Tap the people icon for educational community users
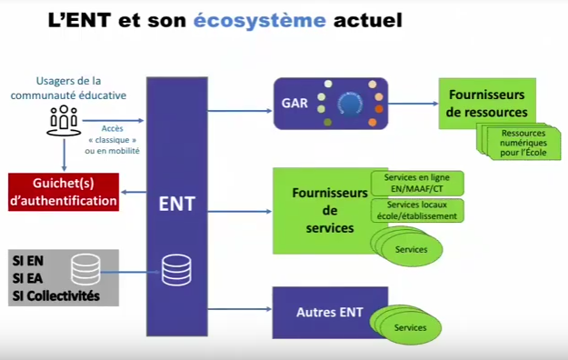[64, 119]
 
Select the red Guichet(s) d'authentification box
[64, 192]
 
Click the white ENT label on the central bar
[176, 203]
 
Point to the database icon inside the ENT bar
[176, 269]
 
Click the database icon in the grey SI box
[85, 268]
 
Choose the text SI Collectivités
[55, 296]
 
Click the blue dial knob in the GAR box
[346, 105]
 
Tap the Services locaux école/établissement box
[417, 211]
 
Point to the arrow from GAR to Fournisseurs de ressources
[413, 105]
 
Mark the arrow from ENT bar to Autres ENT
[240, 313]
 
